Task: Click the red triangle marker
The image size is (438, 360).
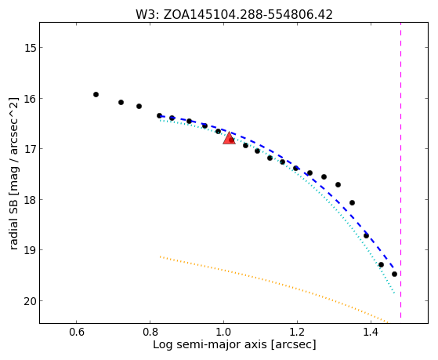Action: click(229, 139)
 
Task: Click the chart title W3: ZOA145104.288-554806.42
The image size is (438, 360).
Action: click(234, 14)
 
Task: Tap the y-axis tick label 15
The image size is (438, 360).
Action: click(31, 48)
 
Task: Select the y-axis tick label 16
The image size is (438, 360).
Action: click(31, 99)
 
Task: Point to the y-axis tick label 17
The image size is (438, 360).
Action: click(31, 149)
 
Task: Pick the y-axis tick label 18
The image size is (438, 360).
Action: click(31, 199)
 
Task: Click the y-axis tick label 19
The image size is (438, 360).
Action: click(31, 249)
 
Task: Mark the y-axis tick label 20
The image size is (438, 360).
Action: click(31, 301)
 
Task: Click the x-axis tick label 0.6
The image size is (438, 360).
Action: click(76, 332)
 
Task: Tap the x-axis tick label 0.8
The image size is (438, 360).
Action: click(150, 332)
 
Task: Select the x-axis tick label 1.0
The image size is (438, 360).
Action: click(223, 332)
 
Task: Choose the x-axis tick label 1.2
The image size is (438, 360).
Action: click(297, 332)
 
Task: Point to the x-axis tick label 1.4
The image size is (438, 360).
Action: click(371, 332)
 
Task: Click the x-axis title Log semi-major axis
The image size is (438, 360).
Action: click(210, 345)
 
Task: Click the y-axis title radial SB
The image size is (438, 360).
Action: click(13, 224)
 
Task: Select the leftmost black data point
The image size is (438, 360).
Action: click(96, 95)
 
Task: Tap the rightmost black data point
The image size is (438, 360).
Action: click(394, 275)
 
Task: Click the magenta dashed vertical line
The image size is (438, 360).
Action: click(401, 170)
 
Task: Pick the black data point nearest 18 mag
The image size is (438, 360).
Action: click(353, 203)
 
